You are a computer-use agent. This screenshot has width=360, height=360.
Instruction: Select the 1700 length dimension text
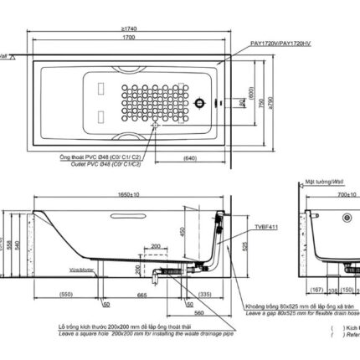coord(128,38)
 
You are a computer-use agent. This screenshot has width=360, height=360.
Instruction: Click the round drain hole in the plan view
coord(201,104)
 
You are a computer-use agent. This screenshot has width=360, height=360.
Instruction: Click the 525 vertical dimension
coord(244,249)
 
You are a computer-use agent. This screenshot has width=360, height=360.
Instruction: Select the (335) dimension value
coord(205,294)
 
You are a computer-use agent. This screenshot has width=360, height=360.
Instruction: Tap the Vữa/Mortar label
coord(81,270)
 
